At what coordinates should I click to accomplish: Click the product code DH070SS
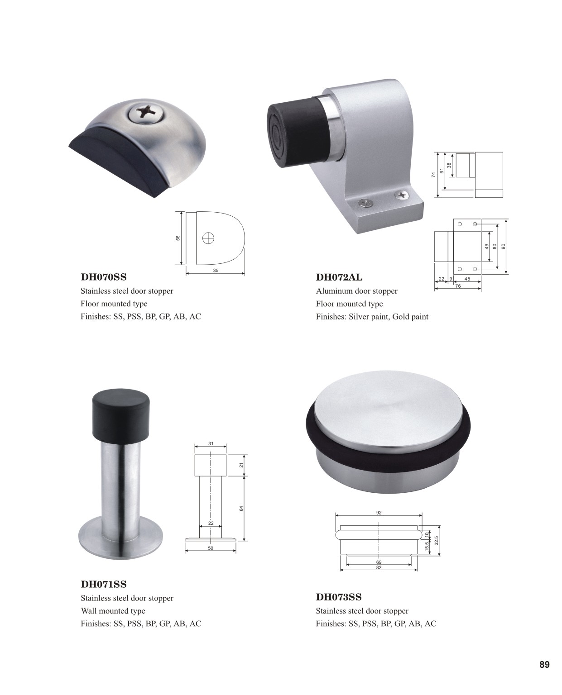pos(104,277)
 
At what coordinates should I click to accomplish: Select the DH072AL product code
pos(339,277)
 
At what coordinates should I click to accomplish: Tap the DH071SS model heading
pos(104,584)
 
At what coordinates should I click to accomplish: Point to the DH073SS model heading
pos(339,597)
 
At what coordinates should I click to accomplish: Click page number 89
pos(544,665)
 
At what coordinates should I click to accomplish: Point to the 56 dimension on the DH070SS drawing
pos(178,238)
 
